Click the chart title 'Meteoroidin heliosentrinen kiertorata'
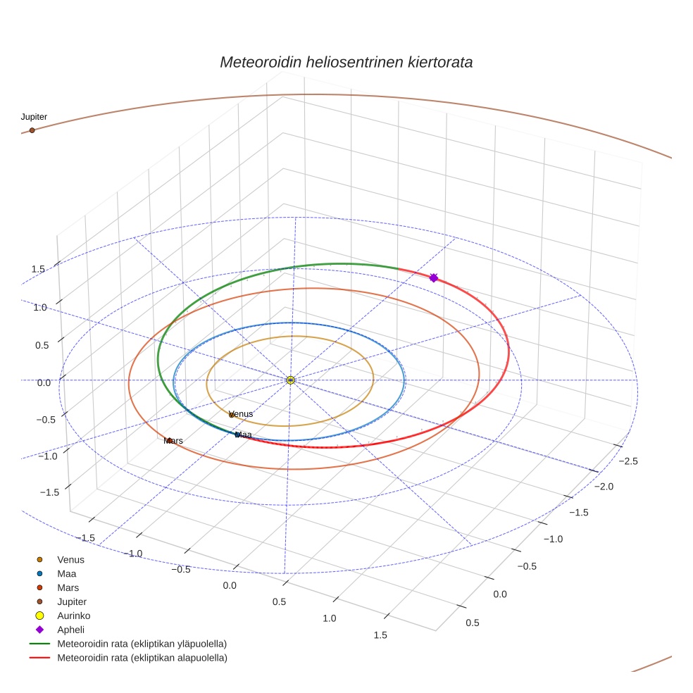[x=346, y=62]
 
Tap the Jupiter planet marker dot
[x=32, y=130]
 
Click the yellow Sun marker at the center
[x=291, y=380]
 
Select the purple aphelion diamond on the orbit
[x=434, y=278]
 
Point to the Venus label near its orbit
[x=241, y=414]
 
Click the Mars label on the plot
[x=173, y=441]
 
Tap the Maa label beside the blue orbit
[x=244, y=435]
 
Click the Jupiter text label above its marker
[x=34, y=117]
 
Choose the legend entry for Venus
[x=70, y=560]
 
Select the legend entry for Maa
[x=67, y=574]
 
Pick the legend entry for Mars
[x=68, y=587]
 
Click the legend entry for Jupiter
[x=72, y=601]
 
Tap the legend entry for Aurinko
[x=73, y=616]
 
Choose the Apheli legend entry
[x=70, y=630]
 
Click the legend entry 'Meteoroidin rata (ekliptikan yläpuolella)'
[x=142, y=644]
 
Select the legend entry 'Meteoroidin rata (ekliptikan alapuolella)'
[x=142, y=658]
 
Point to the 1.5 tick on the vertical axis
[x=37, y=270]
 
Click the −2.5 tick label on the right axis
[x=627, y=461]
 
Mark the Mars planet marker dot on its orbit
[x=170, y=440]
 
